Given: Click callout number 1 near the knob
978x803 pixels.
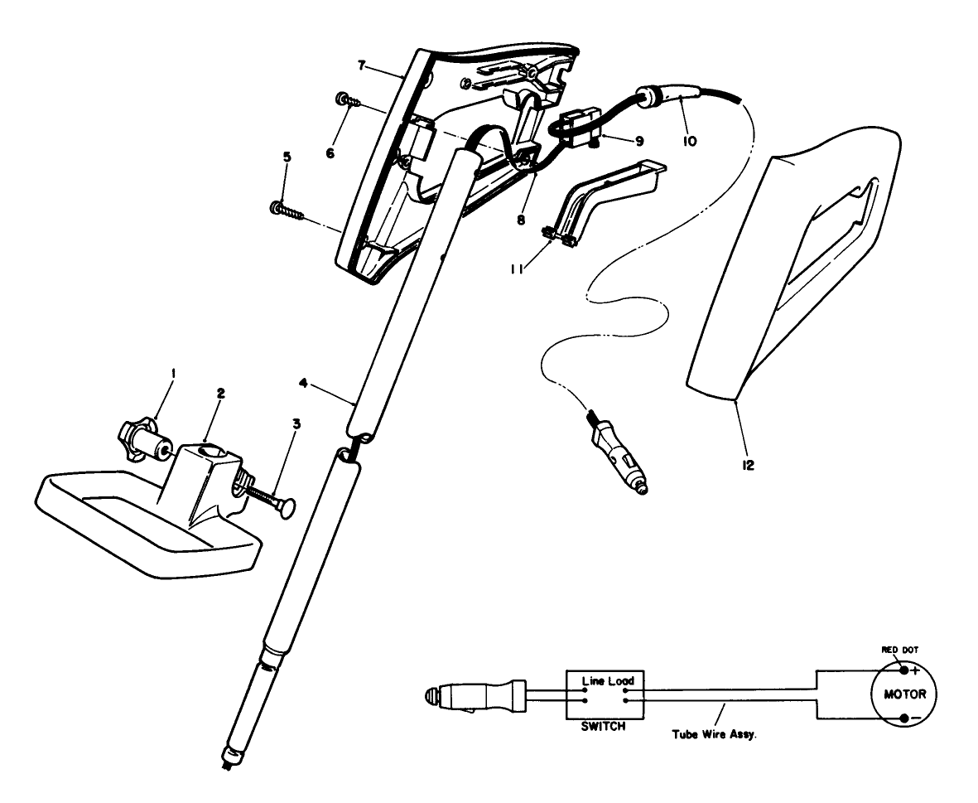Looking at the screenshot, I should (173, 374).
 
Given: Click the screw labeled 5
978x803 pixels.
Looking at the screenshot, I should (286, 208).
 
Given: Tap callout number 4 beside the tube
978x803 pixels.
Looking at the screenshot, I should (305, 383).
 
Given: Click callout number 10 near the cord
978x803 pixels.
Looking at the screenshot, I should (689, 142).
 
